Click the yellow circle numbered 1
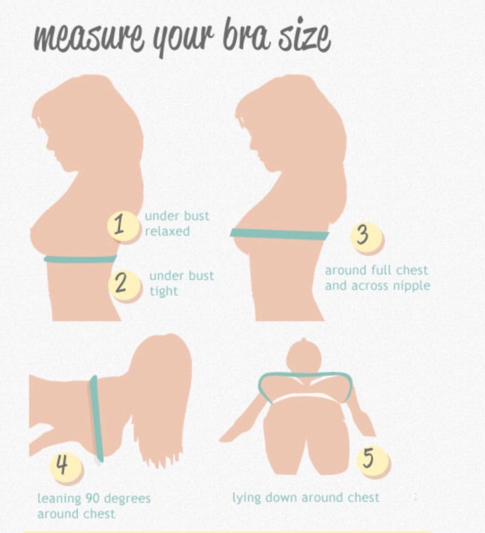point(123,226)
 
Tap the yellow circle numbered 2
point(124,285)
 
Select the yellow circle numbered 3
point(366,237)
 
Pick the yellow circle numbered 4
point(66,465)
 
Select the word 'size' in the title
point(305,37)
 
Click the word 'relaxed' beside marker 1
point(167,231)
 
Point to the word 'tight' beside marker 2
point(164,291)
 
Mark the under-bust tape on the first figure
point(81,259)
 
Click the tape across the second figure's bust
point(279,234)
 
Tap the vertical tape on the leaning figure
point(96,418)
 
